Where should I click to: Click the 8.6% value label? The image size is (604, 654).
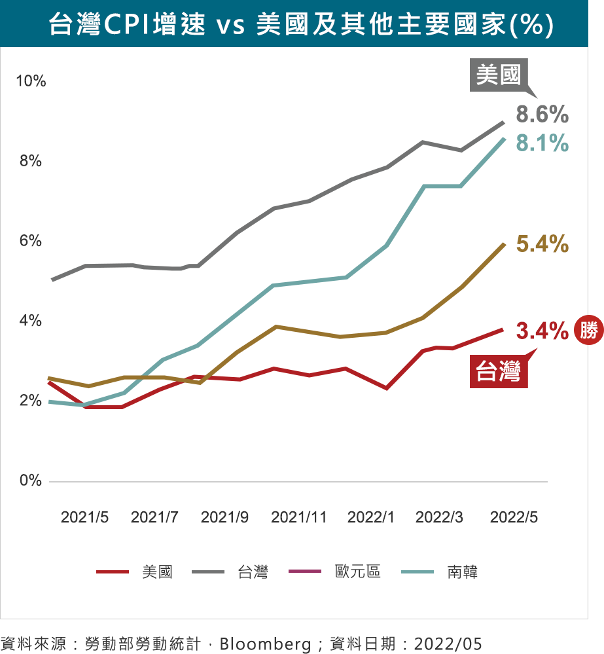point(542,115)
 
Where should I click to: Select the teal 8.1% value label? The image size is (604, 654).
point(542,143)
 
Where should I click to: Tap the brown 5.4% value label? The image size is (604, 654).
point(542,245)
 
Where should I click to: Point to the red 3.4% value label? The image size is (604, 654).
point(542,331)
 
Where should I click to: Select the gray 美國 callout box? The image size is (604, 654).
point(499,75)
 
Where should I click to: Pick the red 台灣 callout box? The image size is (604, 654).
point(499,372)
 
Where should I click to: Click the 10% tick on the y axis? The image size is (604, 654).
point(31,81)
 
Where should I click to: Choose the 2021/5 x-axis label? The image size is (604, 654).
point(84,517)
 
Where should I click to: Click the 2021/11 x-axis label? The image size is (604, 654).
point(298,517)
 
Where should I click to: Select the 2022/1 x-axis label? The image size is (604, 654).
point(371,517)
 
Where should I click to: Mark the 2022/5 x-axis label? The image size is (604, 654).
point(514,517)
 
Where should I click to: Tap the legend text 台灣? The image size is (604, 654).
point(253,572)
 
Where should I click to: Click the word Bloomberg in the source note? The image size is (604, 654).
point(265,644)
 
